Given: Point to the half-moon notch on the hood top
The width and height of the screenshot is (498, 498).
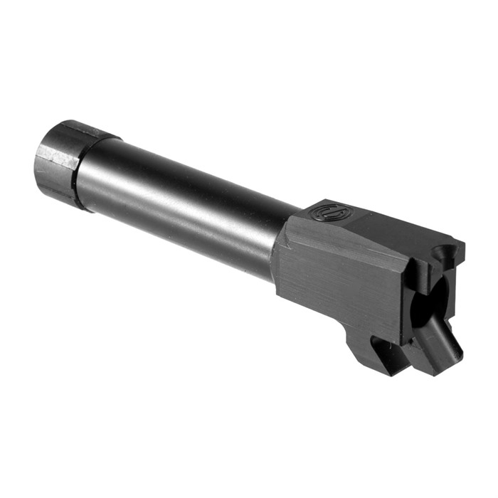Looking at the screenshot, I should coord(447,250).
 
